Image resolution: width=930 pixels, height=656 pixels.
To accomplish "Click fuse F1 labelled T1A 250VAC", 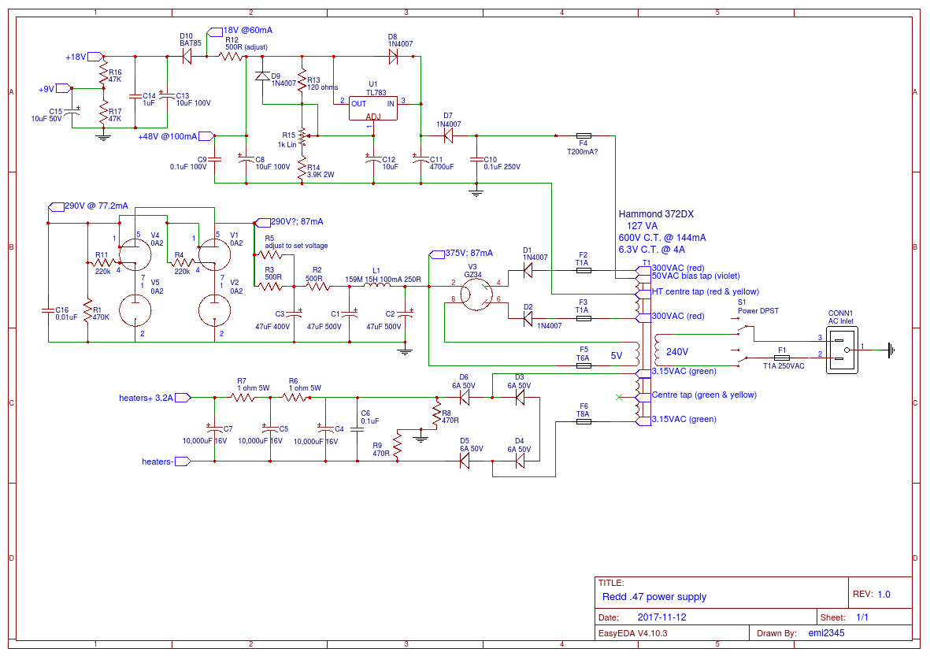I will tap(782, 357).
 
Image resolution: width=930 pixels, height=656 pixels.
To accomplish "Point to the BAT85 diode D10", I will tap(187, 57).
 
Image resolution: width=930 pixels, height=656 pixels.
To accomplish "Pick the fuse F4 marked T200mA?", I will tap(583, 135).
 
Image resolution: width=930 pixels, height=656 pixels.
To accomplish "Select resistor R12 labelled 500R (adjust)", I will tap(232, 57).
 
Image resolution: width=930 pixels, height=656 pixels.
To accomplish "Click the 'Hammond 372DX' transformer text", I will tap(656, 214).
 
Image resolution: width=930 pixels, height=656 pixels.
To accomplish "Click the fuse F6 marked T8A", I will tap(583, 421).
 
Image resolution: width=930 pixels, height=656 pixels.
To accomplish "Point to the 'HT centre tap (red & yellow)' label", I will tap(706, 291).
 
